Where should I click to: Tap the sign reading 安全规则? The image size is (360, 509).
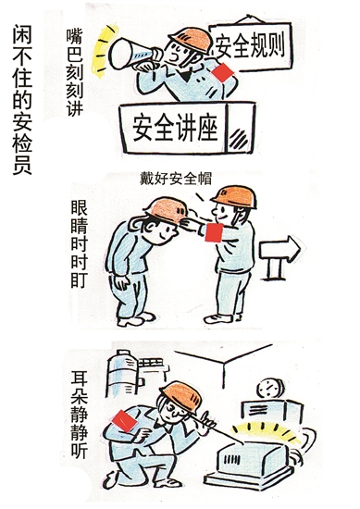point(250,46)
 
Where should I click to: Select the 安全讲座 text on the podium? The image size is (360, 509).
point(175,127)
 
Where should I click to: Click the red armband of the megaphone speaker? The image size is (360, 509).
point(223,73)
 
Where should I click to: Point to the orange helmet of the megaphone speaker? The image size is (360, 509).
point(191,39)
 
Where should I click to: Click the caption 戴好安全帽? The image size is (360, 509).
point(176,179)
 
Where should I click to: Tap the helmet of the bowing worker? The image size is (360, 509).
point(168,209)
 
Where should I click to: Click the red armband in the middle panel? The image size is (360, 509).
point(214,232)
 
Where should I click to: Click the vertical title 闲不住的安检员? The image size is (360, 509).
point(22,100)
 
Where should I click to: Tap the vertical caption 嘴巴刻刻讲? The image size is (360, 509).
point(74,72)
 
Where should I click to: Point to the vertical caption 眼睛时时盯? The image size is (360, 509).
point(79,244)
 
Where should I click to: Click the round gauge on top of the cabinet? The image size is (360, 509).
point(270,388)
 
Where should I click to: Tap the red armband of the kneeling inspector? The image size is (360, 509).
point(124,421)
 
